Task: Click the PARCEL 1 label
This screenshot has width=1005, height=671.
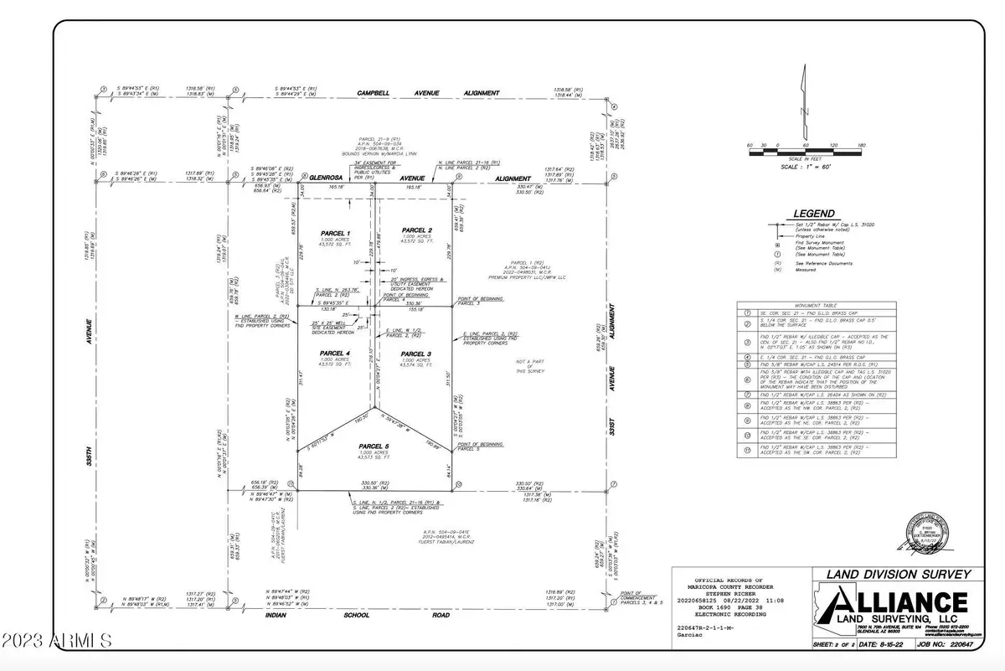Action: (x=335, y=232)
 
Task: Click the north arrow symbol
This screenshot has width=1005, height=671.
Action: (x=803, y=99)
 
